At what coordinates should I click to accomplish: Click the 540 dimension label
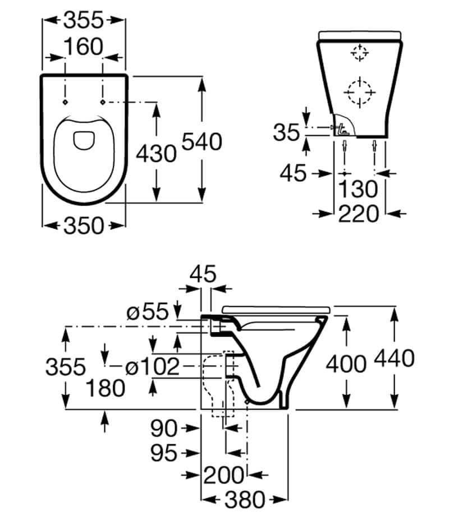coord(200,142)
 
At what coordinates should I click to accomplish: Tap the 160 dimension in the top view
coord(84,47)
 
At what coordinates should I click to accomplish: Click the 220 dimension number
coord(359,214)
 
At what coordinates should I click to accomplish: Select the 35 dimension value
coord(288,133)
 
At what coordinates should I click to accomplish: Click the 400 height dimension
coord(346,365)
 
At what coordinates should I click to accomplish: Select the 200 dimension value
coord(223,476)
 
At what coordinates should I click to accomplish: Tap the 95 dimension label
coord(165,453)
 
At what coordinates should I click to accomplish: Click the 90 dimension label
coord(164,429)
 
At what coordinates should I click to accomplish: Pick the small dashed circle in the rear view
coord(358,54)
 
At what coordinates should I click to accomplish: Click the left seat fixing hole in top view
coord(65,102)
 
